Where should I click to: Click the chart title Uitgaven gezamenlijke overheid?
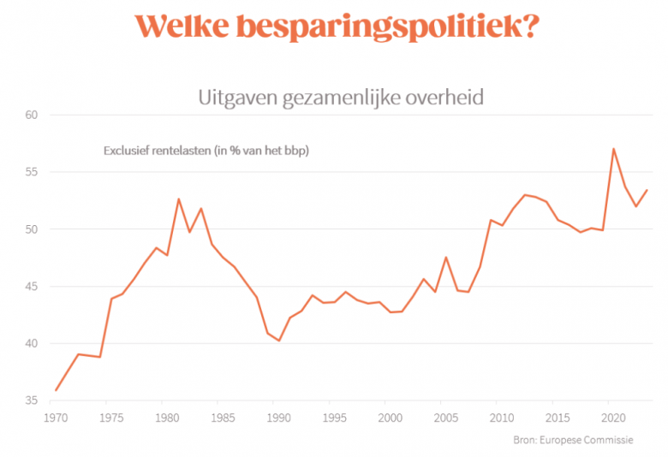[341, 97]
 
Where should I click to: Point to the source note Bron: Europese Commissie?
[579, 439]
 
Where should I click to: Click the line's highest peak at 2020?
[613, 149]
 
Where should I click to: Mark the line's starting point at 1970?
[57, 390]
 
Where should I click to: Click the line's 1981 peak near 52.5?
[178, 199]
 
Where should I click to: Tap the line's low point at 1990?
[279, 341]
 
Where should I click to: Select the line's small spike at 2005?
[446, 258]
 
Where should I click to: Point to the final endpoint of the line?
[647, 190]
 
